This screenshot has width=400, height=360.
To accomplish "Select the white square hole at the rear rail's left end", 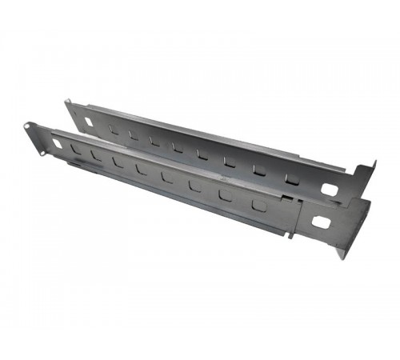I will (x=89, y=122).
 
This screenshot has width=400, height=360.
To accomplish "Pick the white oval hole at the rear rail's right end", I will (x=329, y=190).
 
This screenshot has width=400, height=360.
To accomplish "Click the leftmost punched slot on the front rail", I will (x=75, y=149).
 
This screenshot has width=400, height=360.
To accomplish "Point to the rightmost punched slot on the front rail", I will (x=258, y=206).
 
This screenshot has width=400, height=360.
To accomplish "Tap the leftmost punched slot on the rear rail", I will (x=115, y=129).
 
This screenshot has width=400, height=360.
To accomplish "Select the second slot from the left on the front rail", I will (x=96, y=155).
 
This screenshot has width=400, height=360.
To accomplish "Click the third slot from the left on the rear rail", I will (x=155, y=140).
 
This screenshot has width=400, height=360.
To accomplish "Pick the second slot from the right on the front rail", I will (x=226, y=195).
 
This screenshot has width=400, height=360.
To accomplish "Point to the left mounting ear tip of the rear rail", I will (x=69, y=103).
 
